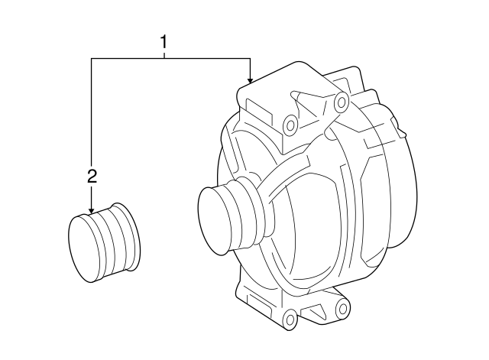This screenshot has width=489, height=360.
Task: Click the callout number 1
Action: click(x=164, y=43)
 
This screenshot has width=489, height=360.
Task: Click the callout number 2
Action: click(x=92, y=177)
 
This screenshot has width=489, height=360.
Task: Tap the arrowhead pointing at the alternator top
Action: click(x=250, y=81)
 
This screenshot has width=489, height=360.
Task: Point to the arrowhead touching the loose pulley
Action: click(x=91, y=212)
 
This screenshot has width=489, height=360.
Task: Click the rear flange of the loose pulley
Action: click(x=128, y=236)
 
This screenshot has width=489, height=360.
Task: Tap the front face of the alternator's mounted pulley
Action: click(x=215, y=221)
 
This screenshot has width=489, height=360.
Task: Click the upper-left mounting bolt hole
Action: click(x=290, y=125)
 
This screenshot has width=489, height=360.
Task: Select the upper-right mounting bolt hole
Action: click(x=342, y=102)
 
